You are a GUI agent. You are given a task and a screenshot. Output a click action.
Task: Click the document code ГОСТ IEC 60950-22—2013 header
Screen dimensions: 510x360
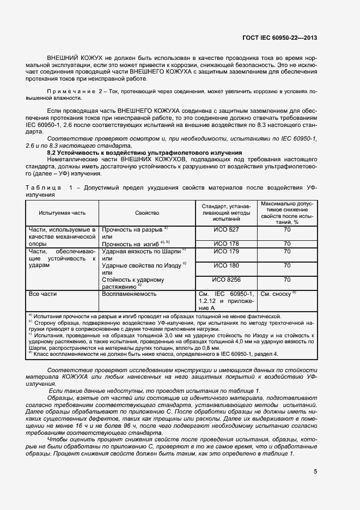tap(287, 38)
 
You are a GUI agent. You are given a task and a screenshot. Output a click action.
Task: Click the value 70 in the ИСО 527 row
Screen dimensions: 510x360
tap(286, 230)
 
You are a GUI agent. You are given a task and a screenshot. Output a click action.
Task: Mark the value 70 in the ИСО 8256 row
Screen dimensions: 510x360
tap(286, 280)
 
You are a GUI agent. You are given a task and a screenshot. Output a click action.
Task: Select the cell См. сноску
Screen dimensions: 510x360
tap(277, 294)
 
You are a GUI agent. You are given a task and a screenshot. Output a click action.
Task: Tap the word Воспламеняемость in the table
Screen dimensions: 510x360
tap(129, 294)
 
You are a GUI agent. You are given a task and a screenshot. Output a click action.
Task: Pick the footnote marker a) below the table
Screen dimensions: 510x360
tap(30, 315)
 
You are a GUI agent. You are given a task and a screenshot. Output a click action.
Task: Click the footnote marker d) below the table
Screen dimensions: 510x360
tap(30, 354)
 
